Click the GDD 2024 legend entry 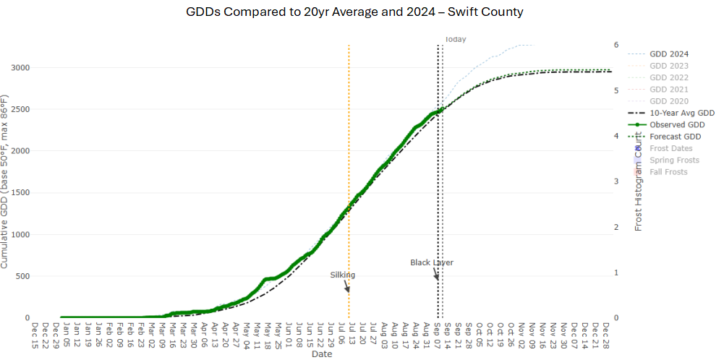[x=668, y=54]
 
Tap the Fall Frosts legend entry [x=668, y=172]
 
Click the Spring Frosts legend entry [x=673, y=160]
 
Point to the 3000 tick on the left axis [x=20, y=68]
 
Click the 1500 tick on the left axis [x=20, y=193]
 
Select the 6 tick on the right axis [x=616, y=45]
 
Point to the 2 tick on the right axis [x=616, y=227]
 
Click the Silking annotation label [x=343, y=275]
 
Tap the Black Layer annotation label [x=432, y=262]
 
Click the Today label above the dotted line [x=455, y=40]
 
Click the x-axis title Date [x=322, y=354]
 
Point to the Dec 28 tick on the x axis [x=605, y=334]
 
